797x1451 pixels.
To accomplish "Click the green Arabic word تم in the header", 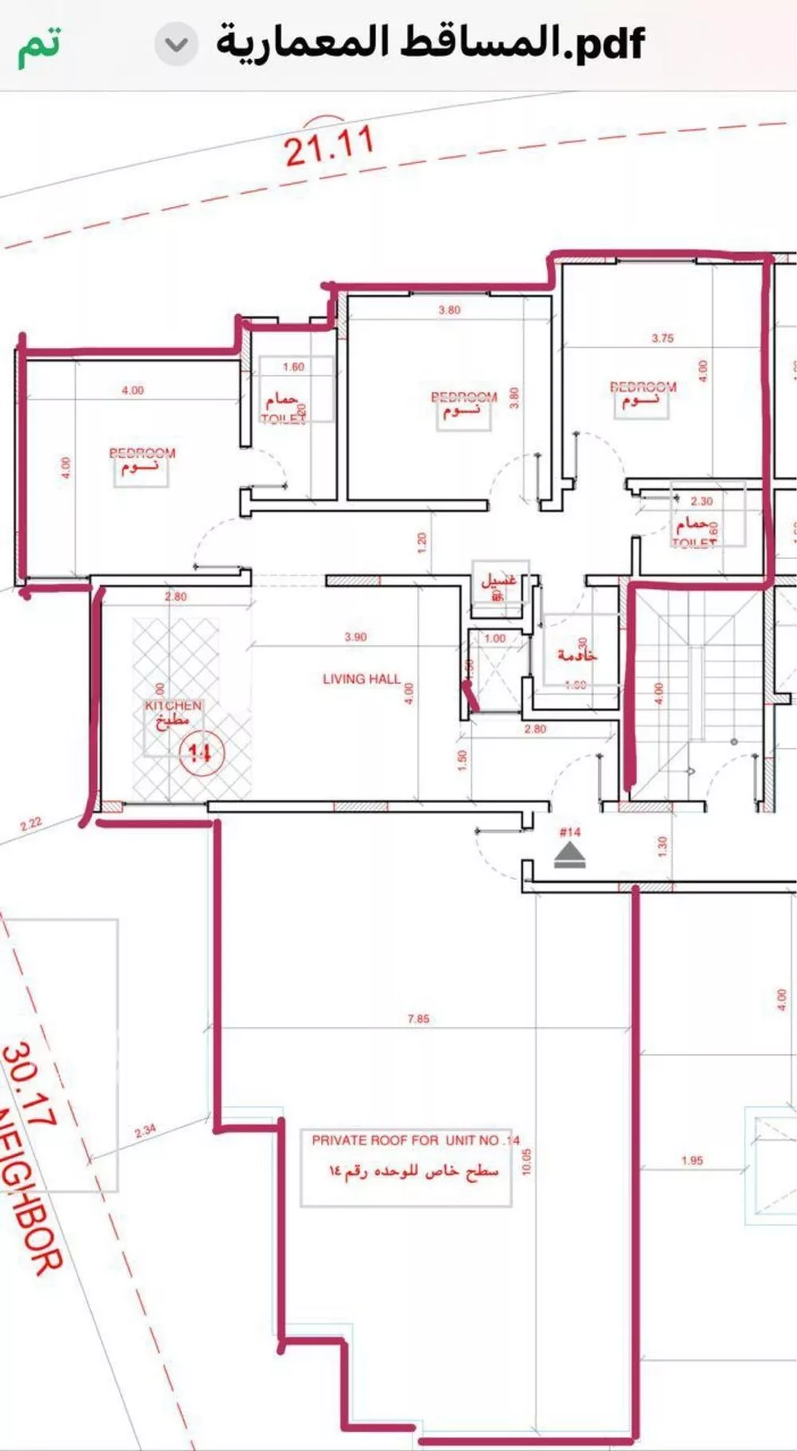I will [39, 45].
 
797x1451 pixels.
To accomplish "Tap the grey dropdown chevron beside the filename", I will [176, 45].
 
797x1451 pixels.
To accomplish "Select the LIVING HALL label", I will [361, 679].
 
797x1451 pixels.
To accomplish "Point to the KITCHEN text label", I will [173, 706].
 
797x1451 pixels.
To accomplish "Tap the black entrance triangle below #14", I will [570, 857].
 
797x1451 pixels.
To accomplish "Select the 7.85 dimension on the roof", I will [418, 1019].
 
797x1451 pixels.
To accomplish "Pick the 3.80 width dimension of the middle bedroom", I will [449, 311].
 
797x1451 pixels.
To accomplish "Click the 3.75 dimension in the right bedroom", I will [662, 338].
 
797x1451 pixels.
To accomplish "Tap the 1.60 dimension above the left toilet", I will [293, 367].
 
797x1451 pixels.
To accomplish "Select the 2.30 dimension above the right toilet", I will [701, 502].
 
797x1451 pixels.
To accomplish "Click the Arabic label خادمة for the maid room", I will [577, 655].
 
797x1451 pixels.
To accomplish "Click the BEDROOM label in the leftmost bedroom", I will [142, 453].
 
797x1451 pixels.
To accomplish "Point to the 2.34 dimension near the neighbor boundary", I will [145, 1131].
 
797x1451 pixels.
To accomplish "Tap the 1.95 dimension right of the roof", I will [692, 1160].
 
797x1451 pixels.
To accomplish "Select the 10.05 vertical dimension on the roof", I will [526, 1161].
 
